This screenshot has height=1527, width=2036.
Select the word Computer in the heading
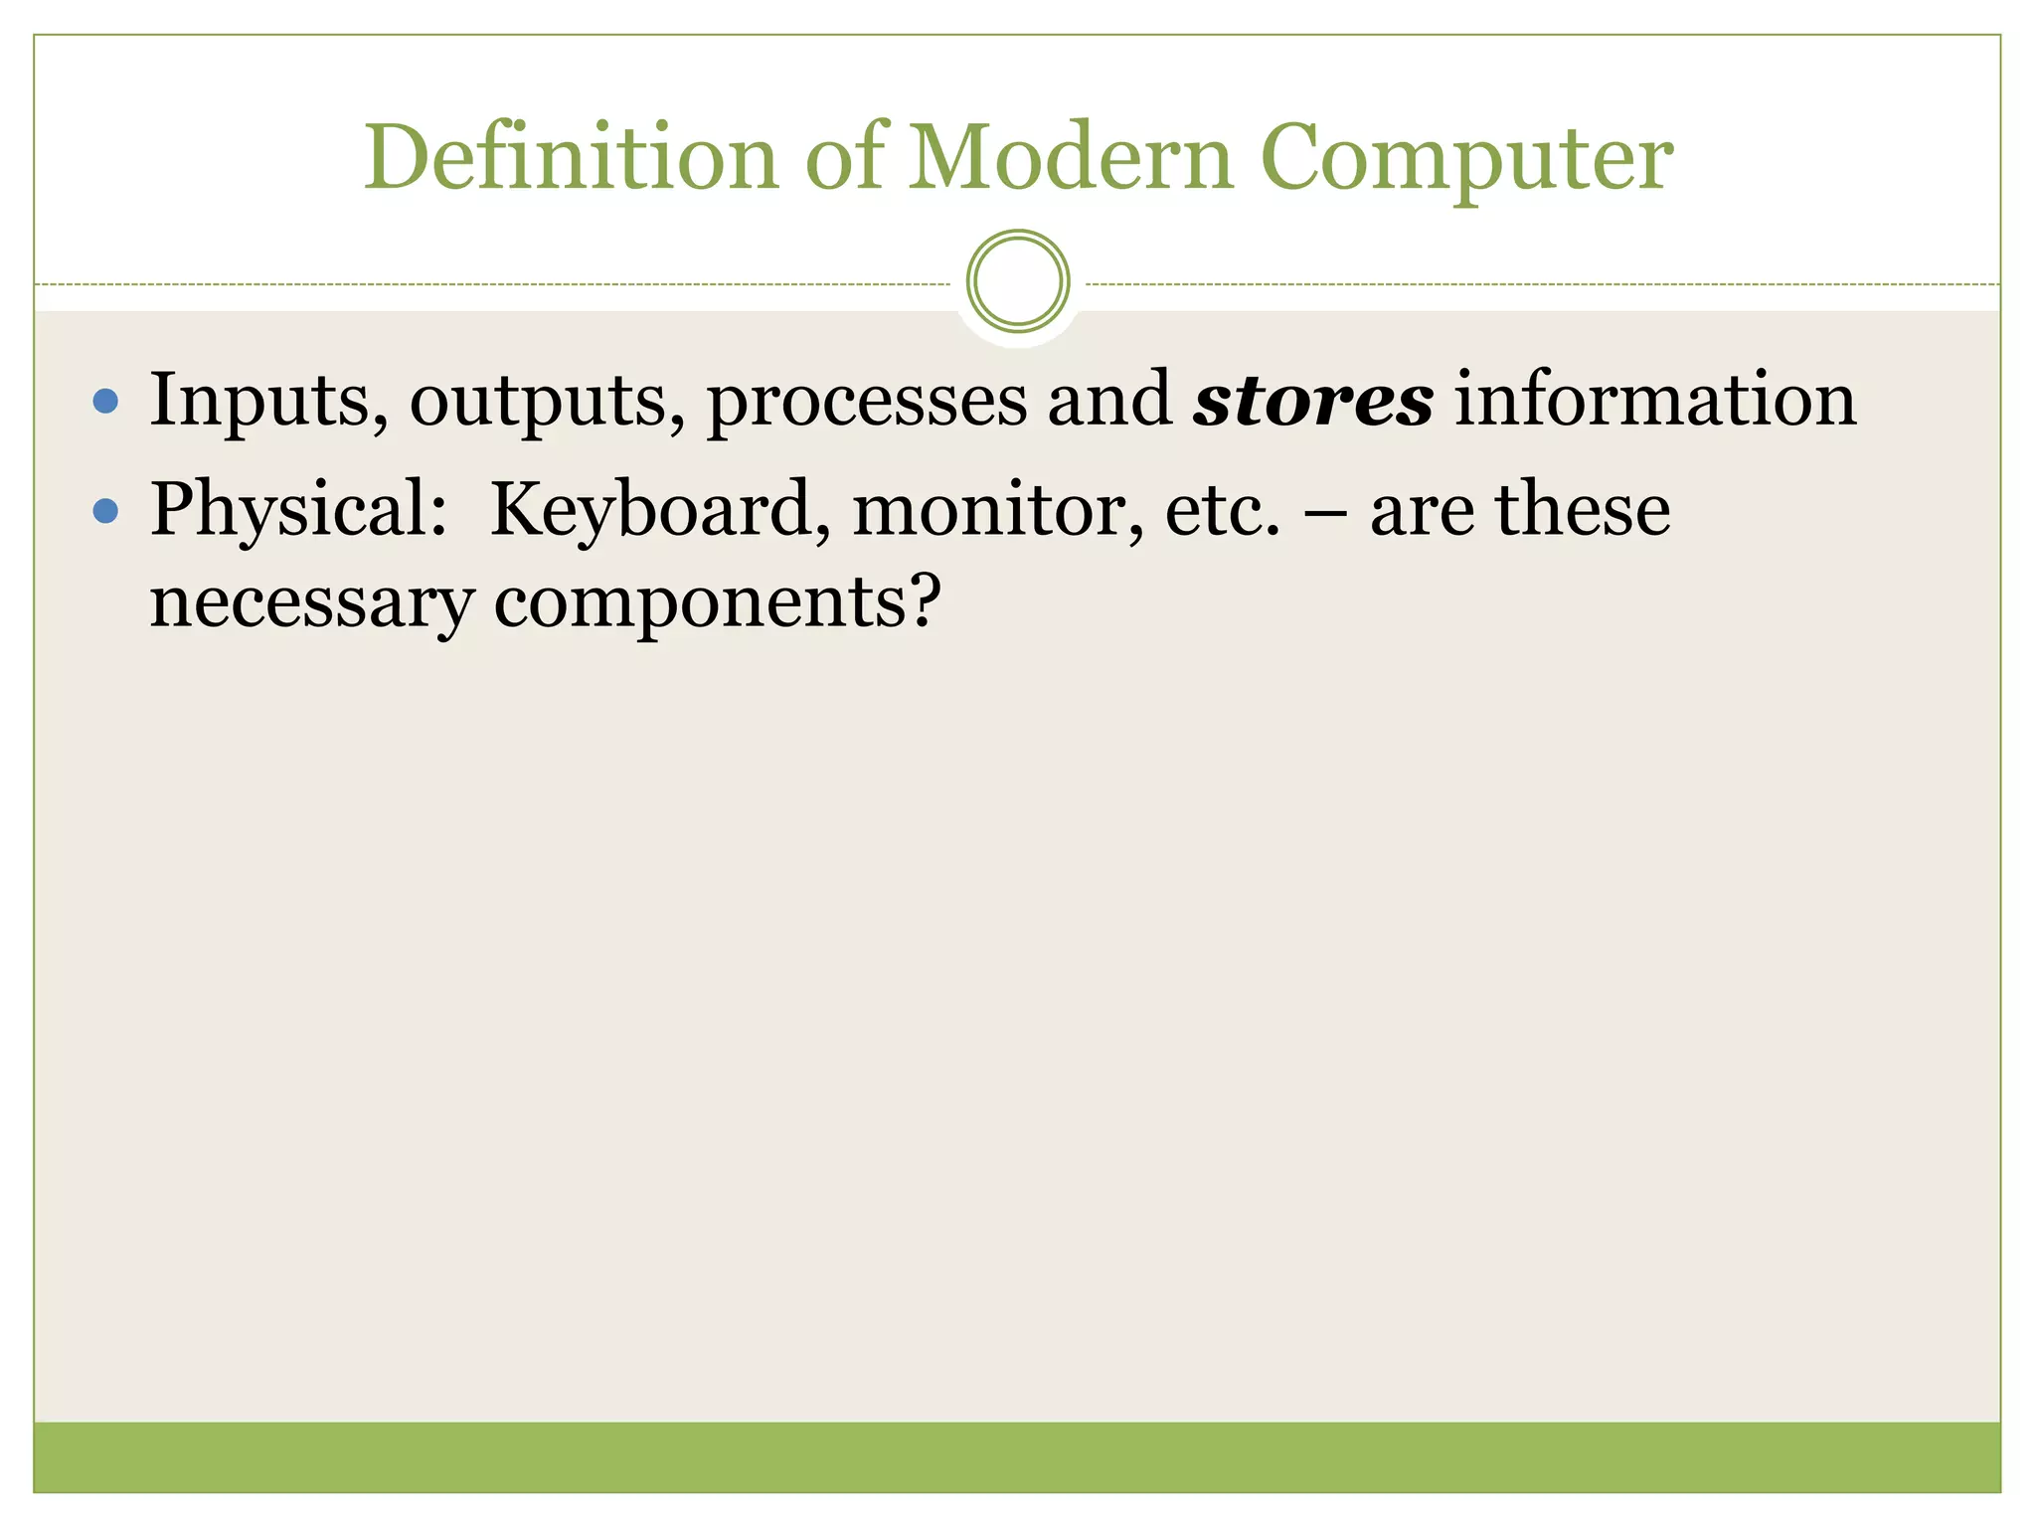(1466, 159)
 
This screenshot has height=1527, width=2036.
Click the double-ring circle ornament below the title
(1017, 281)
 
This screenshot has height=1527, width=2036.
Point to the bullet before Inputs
(105, 402)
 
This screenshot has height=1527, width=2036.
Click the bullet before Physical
(105, 511)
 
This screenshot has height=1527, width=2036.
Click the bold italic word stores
(1313, 400)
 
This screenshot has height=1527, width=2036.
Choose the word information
(1655, 400)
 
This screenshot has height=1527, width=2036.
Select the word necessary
(311, 604)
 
